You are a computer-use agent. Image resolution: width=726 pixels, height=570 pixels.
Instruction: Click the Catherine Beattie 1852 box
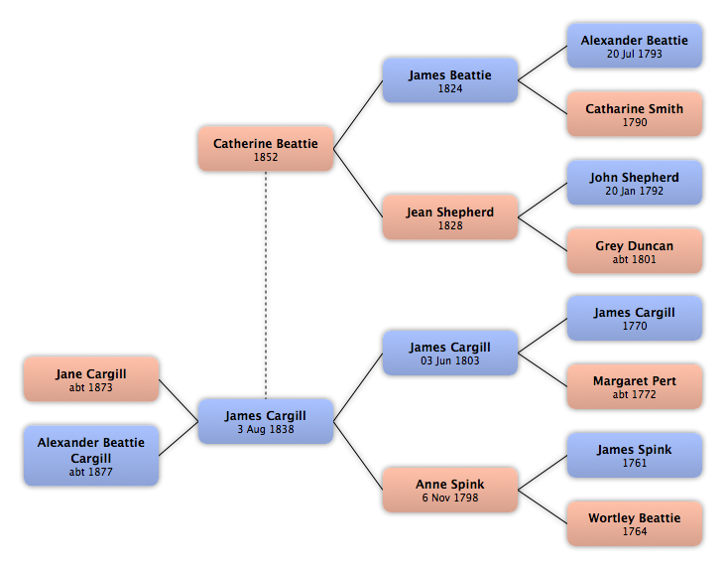(266, 149)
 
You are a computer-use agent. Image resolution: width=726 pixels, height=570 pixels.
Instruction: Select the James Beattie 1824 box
(450, 80)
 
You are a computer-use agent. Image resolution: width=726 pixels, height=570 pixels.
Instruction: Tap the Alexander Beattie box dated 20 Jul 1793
(635, 46)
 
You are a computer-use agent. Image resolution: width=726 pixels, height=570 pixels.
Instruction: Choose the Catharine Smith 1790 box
(635, 114)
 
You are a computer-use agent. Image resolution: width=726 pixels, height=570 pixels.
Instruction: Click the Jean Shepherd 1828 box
(450, 217)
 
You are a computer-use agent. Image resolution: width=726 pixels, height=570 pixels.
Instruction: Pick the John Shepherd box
(635, 183)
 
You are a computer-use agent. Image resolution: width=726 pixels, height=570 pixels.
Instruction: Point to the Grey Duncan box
(635, 250)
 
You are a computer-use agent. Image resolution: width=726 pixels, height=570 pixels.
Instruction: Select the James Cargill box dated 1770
(635, 319)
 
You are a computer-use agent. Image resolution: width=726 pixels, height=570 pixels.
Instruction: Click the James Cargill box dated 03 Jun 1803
(450, 353)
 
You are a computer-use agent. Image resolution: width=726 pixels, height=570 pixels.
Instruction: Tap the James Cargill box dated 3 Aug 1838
(266, 421)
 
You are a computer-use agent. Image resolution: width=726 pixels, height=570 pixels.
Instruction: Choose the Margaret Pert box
(635, 386)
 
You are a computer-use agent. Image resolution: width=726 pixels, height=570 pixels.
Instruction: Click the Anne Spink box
(450, 490)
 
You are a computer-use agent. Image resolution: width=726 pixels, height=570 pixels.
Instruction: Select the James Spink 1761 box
(635, 455)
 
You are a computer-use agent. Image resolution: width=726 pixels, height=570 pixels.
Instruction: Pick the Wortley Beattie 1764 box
(635, 523)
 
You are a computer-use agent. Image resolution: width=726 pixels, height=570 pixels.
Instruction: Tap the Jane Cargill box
(91, 379)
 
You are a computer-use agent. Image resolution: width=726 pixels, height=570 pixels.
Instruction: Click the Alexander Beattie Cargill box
(91, 456)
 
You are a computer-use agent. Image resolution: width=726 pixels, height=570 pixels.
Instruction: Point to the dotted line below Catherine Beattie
(266, 285)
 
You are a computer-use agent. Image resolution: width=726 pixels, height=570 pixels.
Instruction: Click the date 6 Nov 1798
(450, 498)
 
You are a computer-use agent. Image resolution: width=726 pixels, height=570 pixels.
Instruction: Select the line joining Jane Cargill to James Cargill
(179, 400)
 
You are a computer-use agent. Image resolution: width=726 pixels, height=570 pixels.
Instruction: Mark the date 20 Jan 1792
(635, 191)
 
